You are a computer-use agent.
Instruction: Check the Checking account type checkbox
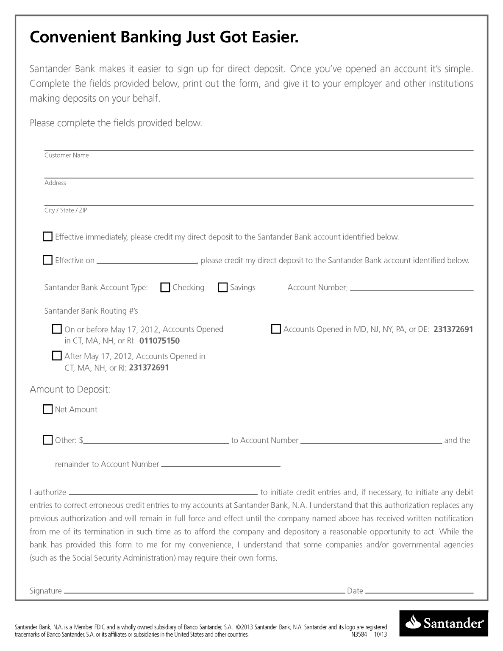165,287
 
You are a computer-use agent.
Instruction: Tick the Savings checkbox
222,287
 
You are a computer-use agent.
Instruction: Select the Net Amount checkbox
47,409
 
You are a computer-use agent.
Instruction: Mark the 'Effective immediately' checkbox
47,236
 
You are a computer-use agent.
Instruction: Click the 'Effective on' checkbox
47,260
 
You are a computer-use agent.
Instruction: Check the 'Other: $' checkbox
47,440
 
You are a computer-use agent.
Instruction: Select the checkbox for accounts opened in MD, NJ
276,329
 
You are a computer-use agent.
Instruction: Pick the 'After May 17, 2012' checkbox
57,356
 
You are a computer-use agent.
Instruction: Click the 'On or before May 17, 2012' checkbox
57,329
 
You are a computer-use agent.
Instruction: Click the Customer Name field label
67,156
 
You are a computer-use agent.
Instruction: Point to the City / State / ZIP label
66,211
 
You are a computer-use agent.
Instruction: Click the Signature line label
46,591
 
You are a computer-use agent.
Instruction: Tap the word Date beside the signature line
355,591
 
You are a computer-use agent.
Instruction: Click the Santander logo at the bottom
444,623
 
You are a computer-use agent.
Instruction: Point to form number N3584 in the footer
359,635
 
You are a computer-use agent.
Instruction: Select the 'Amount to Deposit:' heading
70,389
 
